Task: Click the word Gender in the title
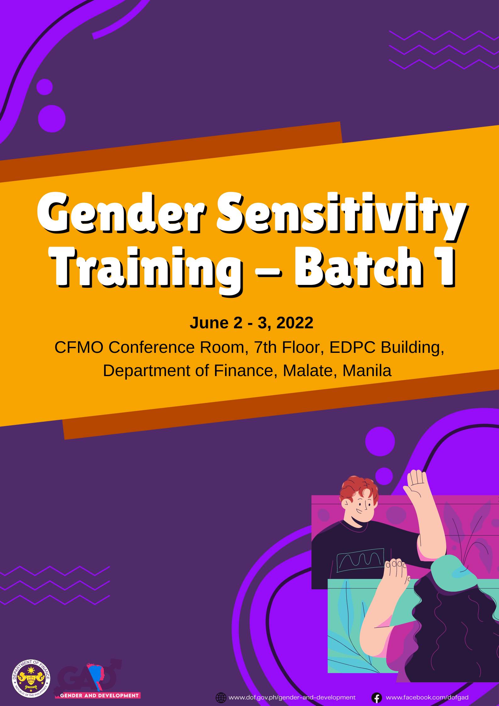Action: [x=122, y=213]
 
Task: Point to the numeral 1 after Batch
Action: [x=445, y=267]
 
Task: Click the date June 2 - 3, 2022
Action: [x=251, y=323]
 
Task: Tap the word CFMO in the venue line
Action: [x=79, y=347]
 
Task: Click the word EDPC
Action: [x=352, y=347]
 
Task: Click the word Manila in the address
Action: [x=367, y=371]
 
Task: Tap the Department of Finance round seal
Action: [x=31, y=678]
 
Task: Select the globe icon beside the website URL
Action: [x=221, y=698]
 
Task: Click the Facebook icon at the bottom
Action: [x=377, y=698]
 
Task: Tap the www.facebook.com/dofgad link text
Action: [x=427, y=697]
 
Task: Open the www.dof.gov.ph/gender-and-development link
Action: [x=292, y=698]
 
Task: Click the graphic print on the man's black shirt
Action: [x=360, y=560]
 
